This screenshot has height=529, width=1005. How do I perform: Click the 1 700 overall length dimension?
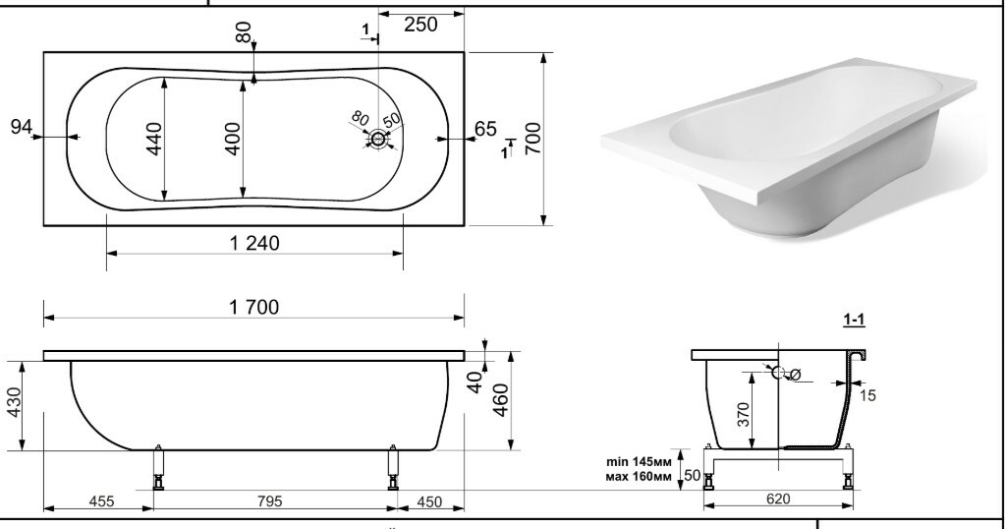click(x=253, y=307)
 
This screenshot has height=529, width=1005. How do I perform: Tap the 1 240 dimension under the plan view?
click(x=254, y=243)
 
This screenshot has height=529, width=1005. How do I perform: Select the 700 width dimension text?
click(x=532, y=138)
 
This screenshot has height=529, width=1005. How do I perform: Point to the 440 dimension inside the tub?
click(x=154, y=139)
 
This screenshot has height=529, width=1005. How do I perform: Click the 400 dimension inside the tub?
click(x=233, y=139)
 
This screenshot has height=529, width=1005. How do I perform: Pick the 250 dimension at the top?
click(x=420, y=25)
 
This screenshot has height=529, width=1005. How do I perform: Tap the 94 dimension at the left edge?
click(x=22, y=126)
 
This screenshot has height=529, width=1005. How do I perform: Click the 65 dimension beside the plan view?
click(x=485, y=129)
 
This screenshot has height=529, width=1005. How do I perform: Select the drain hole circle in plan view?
click(x=377, y=140)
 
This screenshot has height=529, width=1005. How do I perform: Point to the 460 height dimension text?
click(x=501, y=399)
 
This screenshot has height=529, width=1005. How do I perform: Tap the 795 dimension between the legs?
click(x=269, y=500)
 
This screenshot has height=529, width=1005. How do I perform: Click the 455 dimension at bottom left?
click(x=100, y=500)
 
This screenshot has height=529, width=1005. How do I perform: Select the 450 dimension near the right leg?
click(x=429, y=501)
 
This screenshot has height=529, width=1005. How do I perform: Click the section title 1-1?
click(x=854, y=320)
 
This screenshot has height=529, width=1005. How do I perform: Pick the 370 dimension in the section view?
click(x=743, y=415)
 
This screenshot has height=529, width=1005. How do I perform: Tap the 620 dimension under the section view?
click(x=778, y=499)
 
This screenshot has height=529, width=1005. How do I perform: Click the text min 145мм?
click(x=639, y=462)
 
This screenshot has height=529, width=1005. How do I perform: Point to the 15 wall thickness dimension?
click(x=867, y=395)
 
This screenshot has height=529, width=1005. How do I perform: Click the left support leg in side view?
click(x=157, y=467)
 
